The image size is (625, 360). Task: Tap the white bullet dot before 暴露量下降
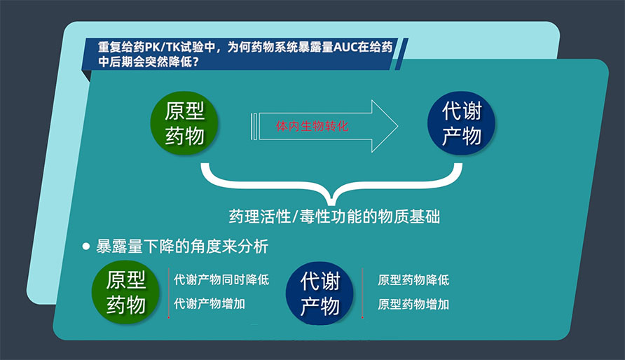coord(86,247)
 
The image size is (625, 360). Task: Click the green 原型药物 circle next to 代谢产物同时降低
coord(127,293)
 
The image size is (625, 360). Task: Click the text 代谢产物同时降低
coord(221,280)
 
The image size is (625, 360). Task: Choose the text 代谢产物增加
coord(210,304)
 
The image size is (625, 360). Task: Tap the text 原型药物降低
coord(413,280)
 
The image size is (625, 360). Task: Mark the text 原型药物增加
coord(413,304)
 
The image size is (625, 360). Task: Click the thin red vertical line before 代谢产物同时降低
coord(168,294)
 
